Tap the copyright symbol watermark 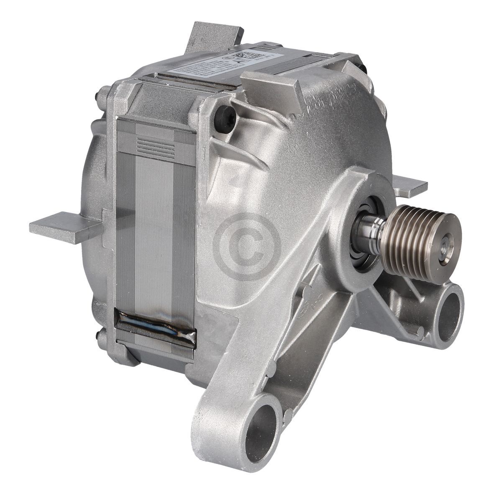click(x=247, y=246)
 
